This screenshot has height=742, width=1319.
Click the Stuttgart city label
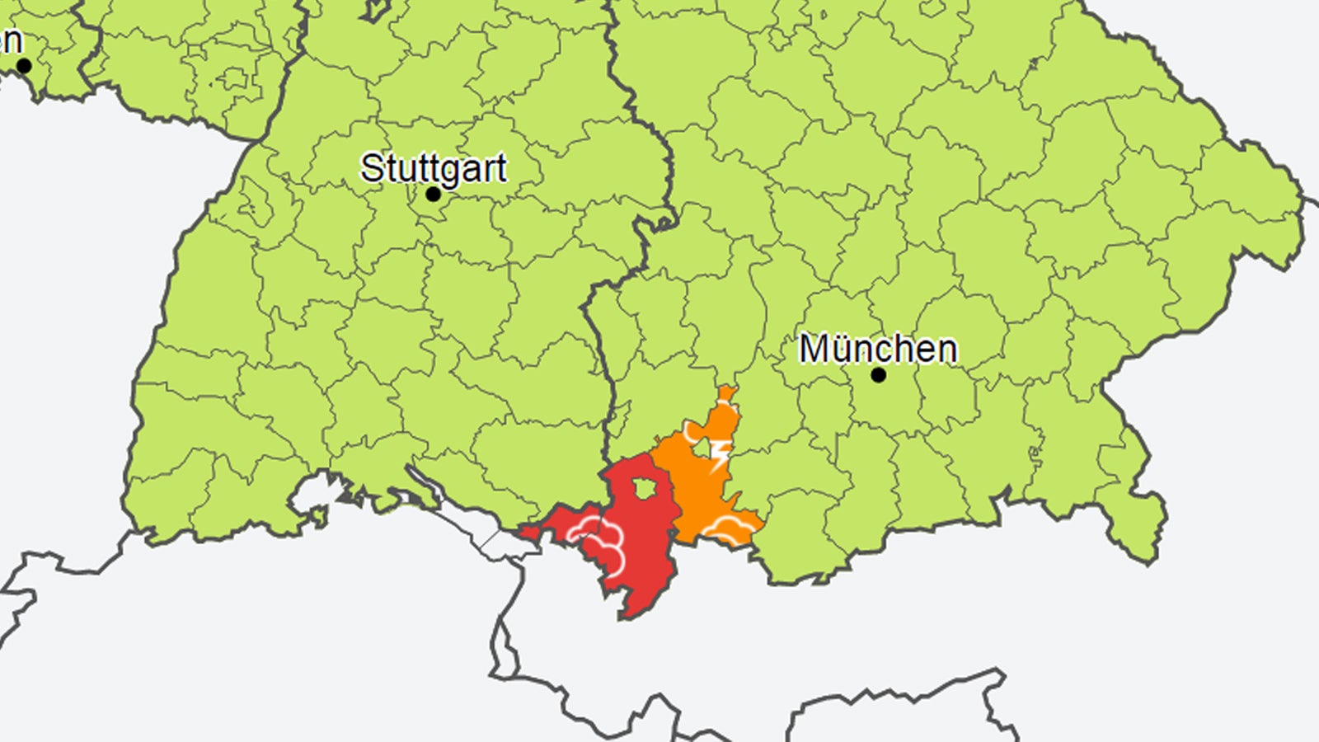tap(434, 169)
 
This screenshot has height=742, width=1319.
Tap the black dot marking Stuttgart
tap(433, 195)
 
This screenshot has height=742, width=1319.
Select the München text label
tap(878, 349)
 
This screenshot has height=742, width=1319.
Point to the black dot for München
tap(879, 375)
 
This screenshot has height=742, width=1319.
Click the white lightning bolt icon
tap(721, 454)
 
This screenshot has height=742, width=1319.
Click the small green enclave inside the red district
tap(644, 488)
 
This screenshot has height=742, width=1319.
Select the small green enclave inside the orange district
tap(701, 448)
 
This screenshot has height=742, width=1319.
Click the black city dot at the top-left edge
tap(24, 66)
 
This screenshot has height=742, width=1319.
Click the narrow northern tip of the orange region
tap(725, 392)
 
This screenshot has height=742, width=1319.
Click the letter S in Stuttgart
tap(372, 169)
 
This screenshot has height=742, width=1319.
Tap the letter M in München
tap(814, 349)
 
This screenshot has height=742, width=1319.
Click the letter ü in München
tap(841, 350)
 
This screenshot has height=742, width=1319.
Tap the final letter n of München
tap(946, 350)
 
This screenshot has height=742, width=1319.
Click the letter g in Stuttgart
tap(451, 171)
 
